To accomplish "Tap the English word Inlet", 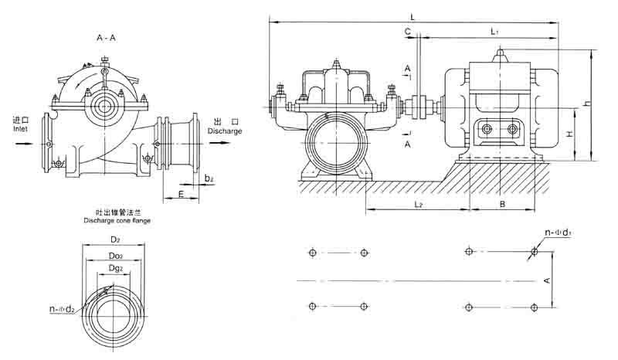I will click(x=20, y=130).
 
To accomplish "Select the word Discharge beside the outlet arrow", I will click(x=225, y=131).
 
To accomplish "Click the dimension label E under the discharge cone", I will click(x=181, y=195).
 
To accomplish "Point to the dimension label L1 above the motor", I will click(x=495, y=31).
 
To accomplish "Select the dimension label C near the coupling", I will click(x=406, y=31).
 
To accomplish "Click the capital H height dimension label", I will click(x=569, y=134).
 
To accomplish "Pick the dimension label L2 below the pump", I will click(x=417, y=204).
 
